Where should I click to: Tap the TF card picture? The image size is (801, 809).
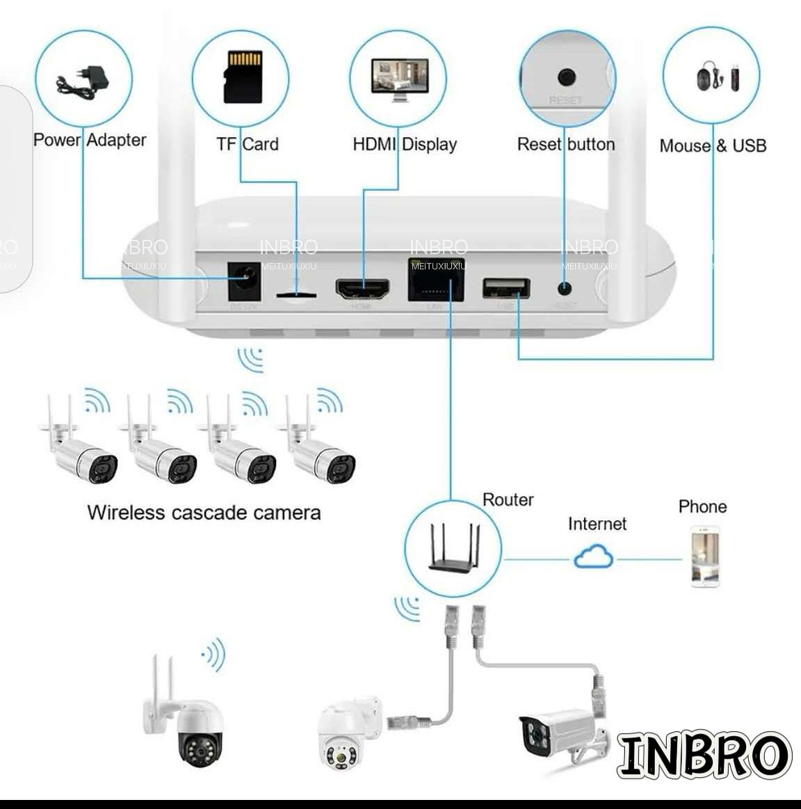coord(243,77)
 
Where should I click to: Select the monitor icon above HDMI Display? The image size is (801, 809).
coord(398,79)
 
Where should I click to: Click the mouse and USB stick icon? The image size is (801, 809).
coord(715,76)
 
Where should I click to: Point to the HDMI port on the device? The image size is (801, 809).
coord(362,289)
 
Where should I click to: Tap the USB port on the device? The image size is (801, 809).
coord(506,288)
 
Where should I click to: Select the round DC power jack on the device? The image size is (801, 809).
coord(243,280)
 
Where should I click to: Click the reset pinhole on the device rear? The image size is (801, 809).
coord(565,287)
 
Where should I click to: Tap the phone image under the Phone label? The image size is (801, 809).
coord(704,556)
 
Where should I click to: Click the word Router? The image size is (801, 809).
coord(508,499)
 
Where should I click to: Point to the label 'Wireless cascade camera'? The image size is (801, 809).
coord(204,513)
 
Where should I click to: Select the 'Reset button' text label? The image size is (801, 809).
coord(566,144)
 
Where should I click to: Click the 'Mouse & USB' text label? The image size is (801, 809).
coord(713,145)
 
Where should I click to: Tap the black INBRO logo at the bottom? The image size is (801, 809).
coord(704,754)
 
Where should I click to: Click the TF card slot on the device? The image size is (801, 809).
coord(296,295)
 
